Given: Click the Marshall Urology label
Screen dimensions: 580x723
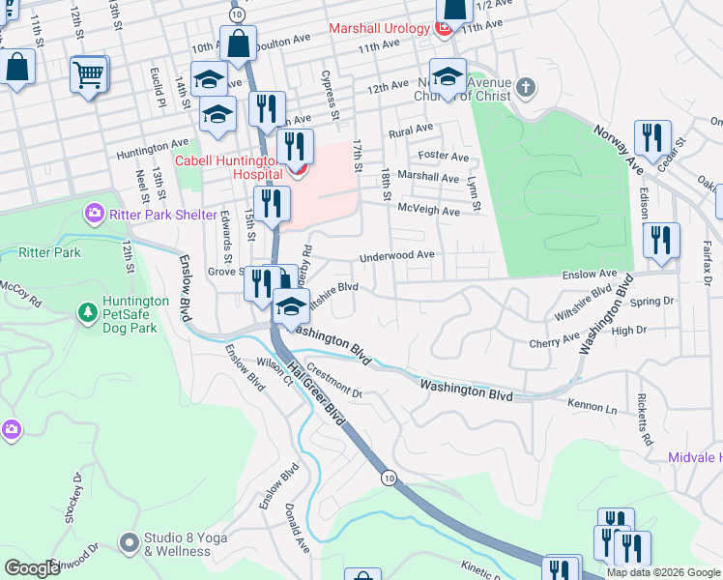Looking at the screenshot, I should click(378, 28).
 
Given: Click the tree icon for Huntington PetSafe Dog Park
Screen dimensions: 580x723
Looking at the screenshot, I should click(87, 313).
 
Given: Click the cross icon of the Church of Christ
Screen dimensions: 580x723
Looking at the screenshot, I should click(525, 88).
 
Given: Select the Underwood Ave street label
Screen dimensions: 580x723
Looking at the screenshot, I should click(397, 257).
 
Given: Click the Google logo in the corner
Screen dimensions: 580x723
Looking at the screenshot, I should click(32, 568).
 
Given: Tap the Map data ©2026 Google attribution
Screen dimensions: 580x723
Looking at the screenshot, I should click(663, 572).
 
